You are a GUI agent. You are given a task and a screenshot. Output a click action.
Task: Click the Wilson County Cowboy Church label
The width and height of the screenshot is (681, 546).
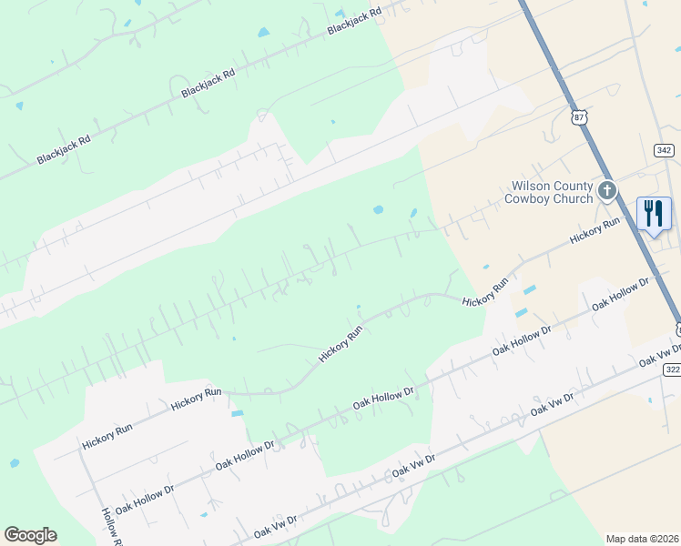point(549,192)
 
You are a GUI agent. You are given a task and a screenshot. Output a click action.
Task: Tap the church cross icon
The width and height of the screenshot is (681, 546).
point(607,191)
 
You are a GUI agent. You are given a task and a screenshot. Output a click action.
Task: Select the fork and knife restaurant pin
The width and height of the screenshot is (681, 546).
point(654,215)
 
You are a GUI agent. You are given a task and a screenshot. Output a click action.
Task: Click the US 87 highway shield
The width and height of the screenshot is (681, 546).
point(580,117)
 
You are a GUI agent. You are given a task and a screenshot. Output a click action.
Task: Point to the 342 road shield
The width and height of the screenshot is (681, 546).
point(663,149)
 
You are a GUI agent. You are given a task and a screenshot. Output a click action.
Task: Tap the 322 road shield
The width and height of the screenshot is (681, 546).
point(672,369)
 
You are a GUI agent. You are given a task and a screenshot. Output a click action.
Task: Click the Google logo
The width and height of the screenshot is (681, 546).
point(30,535)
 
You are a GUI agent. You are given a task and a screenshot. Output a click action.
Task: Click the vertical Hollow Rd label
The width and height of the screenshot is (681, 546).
point(111,527)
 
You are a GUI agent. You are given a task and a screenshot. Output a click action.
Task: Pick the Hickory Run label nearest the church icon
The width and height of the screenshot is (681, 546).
point(595,229)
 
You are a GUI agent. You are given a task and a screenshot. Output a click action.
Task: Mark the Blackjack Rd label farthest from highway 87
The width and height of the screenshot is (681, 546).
point(64,149)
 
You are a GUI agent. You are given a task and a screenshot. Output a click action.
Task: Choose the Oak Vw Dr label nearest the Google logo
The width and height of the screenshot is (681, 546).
point(276,524)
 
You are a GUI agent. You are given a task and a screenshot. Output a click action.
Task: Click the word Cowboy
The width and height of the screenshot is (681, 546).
point(530,198)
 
